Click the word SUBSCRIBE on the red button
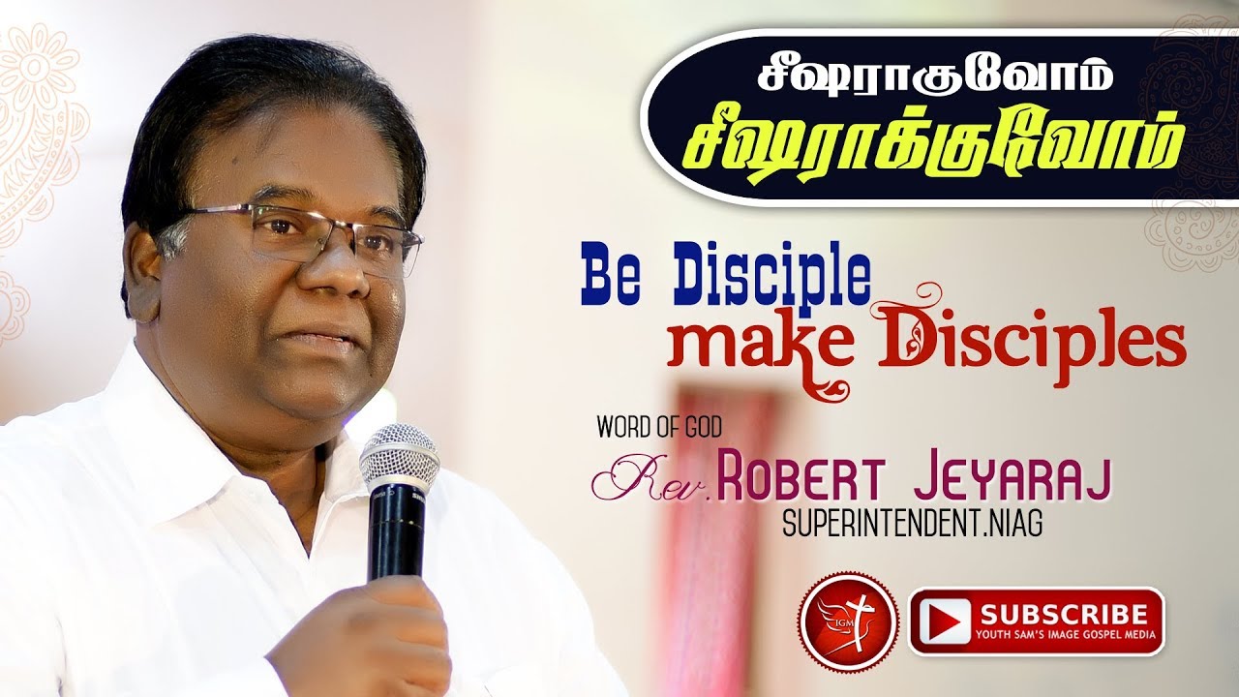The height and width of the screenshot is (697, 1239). click(1062, 613)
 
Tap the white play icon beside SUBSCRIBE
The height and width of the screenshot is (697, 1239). click(943, 621)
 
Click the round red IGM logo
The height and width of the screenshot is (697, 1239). click(835, 620)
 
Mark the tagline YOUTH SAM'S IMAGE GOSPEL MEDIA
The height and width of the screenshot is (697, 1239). click(1063, 636)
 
